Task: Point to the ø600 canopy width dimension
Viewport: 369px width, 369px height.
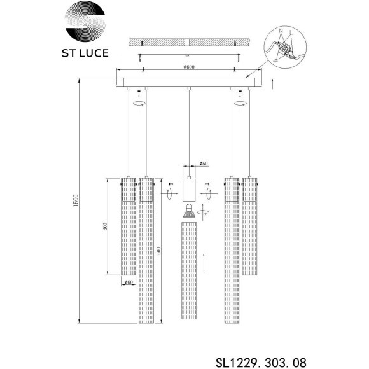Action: click(x=188, y=70)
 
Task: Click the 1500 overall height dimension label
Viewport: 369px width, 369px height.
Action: click(x=75, y=202)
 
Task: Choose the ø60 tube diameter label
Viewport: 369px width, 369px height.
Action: click(x=129, y=282)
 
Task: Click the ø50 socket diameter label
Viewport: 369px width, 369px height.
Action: click(x=204, y=164)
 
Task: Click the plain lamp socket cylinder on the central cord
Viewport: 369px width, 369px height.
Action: click(x=189, y=188)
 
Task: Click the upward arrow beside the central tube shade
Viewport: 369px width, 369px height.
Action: click(x=204, y=260)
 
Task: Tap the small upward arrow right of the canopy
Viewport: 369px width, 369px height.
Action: click(x=272, y=83)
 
